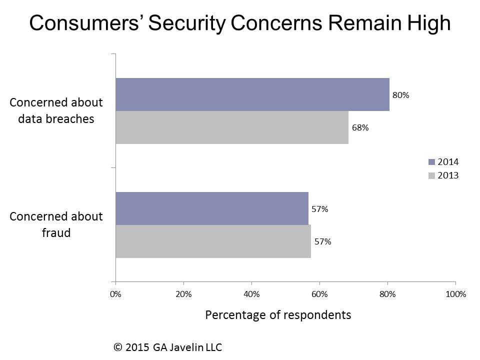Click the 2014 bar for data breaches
252,94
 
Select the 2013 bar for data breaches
232,127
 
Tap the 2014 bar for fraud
212,208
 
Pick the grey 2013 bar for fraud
213,241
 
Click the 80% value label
400,95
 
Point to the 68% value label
360,127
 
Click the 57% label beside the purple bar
319,209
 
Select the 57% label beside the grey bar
322,241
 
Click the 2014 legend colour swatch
432,162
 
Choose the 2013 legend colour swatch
432,175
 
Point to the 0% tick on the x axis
115,294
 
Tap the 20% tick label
183,294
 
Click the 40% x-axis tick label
251,294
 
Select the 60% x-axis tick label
319,294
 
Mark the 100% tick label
455,294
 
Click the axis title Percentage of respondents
278,315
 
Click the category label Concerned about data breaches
56,110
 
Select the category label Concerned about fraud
56,224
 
